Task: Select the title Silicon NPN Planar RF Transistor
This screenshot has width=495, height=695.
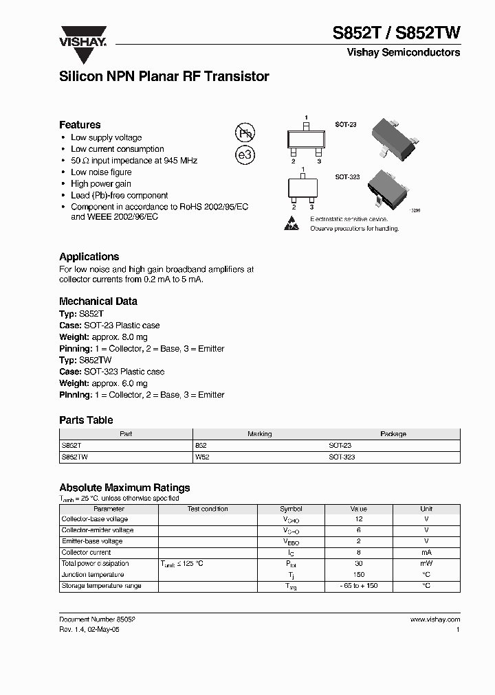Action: coord(164,77)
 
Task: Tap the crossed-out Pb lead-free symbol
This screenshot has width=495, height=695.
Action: coord(245,133)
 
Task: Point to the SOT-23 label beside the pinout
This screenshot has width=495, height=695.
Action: coord(345,125)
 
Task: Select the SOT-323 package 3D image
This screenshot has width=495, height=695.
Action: coord(389,187)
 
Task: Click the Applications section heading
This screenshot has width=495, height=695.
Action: coord(89,256)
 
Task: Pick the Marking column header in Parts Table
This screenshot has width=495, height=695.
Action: coord(259,434)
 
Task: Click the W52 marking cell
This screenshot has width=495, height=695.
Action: coord(202,457)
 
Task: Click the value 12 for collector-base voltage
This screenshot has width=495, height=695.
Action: coord(359,519)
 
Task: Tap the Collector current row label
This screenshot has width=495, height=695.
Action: coord(86,552)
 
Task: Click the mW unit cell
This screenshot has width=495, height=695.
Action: coord(426,563)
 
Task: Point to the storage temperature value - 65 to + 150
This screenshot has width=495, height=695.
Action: coord(359,586)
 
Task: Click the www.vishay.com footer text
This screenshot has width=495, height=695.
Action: coord(434,619)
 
